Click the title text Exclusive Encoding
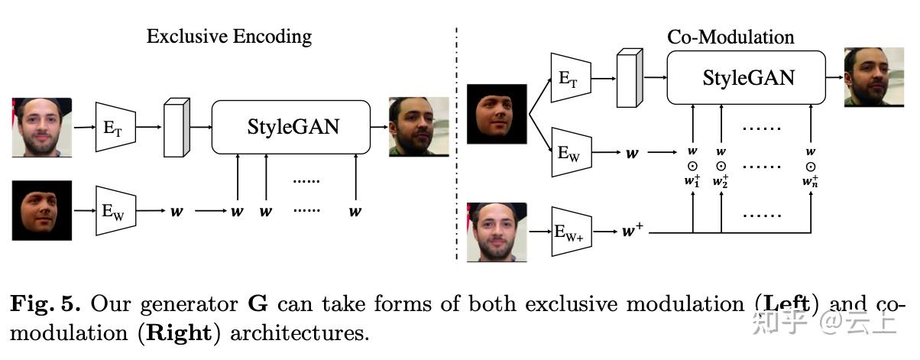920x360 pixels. (x=229, y=36)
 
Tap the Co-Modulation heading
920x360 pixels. (x=730, y=37)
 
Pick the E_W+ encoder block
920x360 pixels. (x=572, y=229)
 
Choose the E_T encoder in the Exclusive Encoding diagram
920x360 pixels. (x=114, y=127)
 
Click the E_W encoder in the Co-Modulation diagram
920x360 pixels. (x=570, y=154)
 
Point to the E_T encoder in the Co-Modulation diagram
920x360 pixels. (x=570, y=77)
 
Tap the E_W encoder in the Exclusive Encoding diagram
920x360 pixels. (x=114, y=211)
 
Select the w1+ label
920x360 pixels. (x=692, y=182)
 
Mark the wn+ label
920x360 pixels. (x=811, y=182)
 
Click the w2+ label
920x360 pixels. (x=721, y=182)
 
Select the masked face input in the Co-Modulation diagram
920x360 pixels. (x=497, y=114)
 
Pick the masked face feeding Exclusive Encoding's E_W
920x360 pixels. (x=42, y=211)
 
